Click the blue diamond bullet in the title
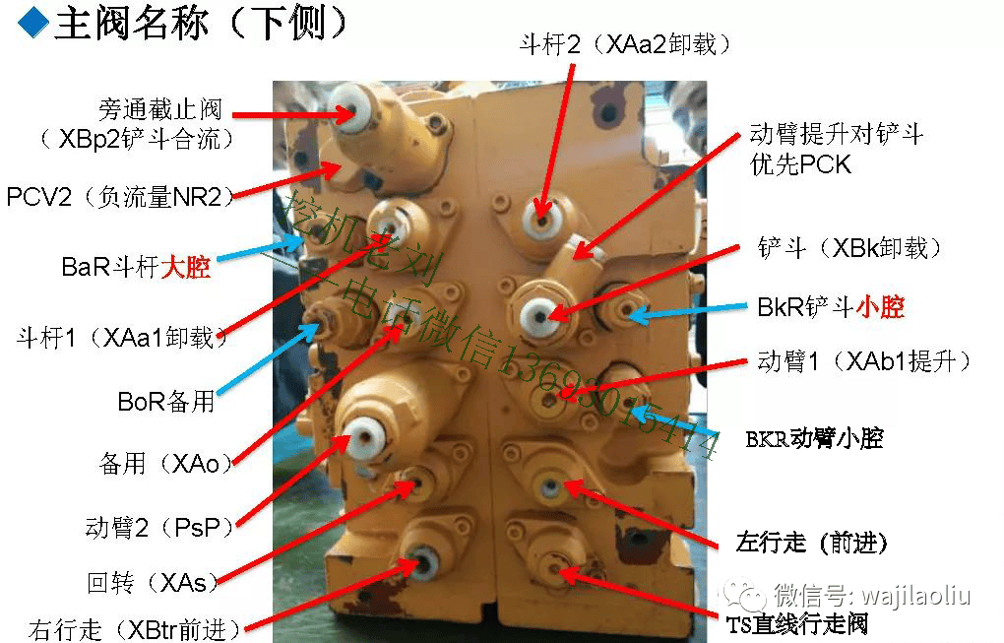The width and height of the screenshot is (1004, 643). click(33, 23)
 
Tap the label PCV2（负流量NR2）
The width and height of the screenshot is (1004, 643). click(120, 196)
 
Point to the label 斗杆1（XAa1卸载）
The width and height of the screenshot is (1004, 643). click(123, 338)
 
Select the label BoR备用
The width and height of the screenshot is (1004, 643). click(165, 402)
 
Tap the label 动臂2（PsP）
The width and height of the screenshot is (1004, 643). click(159, 527)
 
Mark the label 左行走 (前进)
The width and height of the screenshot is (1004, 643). click(812, 543)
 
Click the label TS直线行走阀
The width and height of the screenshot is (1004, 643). click(798, 622)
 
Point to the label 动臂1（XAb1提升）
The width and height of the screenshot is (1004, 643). click(864, 361)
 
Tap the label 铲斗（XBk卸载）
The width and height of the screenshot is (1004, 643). click(850, 247)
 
